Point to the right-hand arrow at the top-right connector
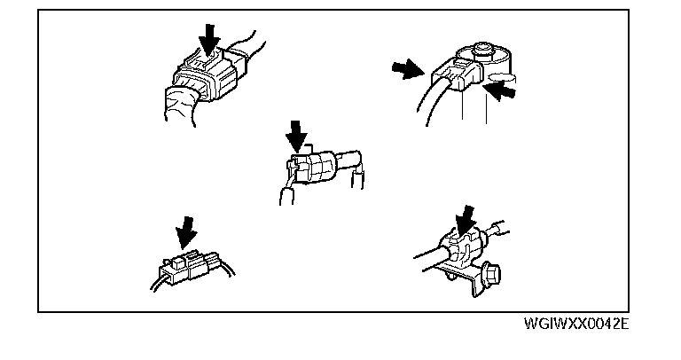[502, 90]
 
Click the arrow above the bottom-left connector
[186, 233]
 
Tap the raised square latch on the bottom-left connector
[176, 261]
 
